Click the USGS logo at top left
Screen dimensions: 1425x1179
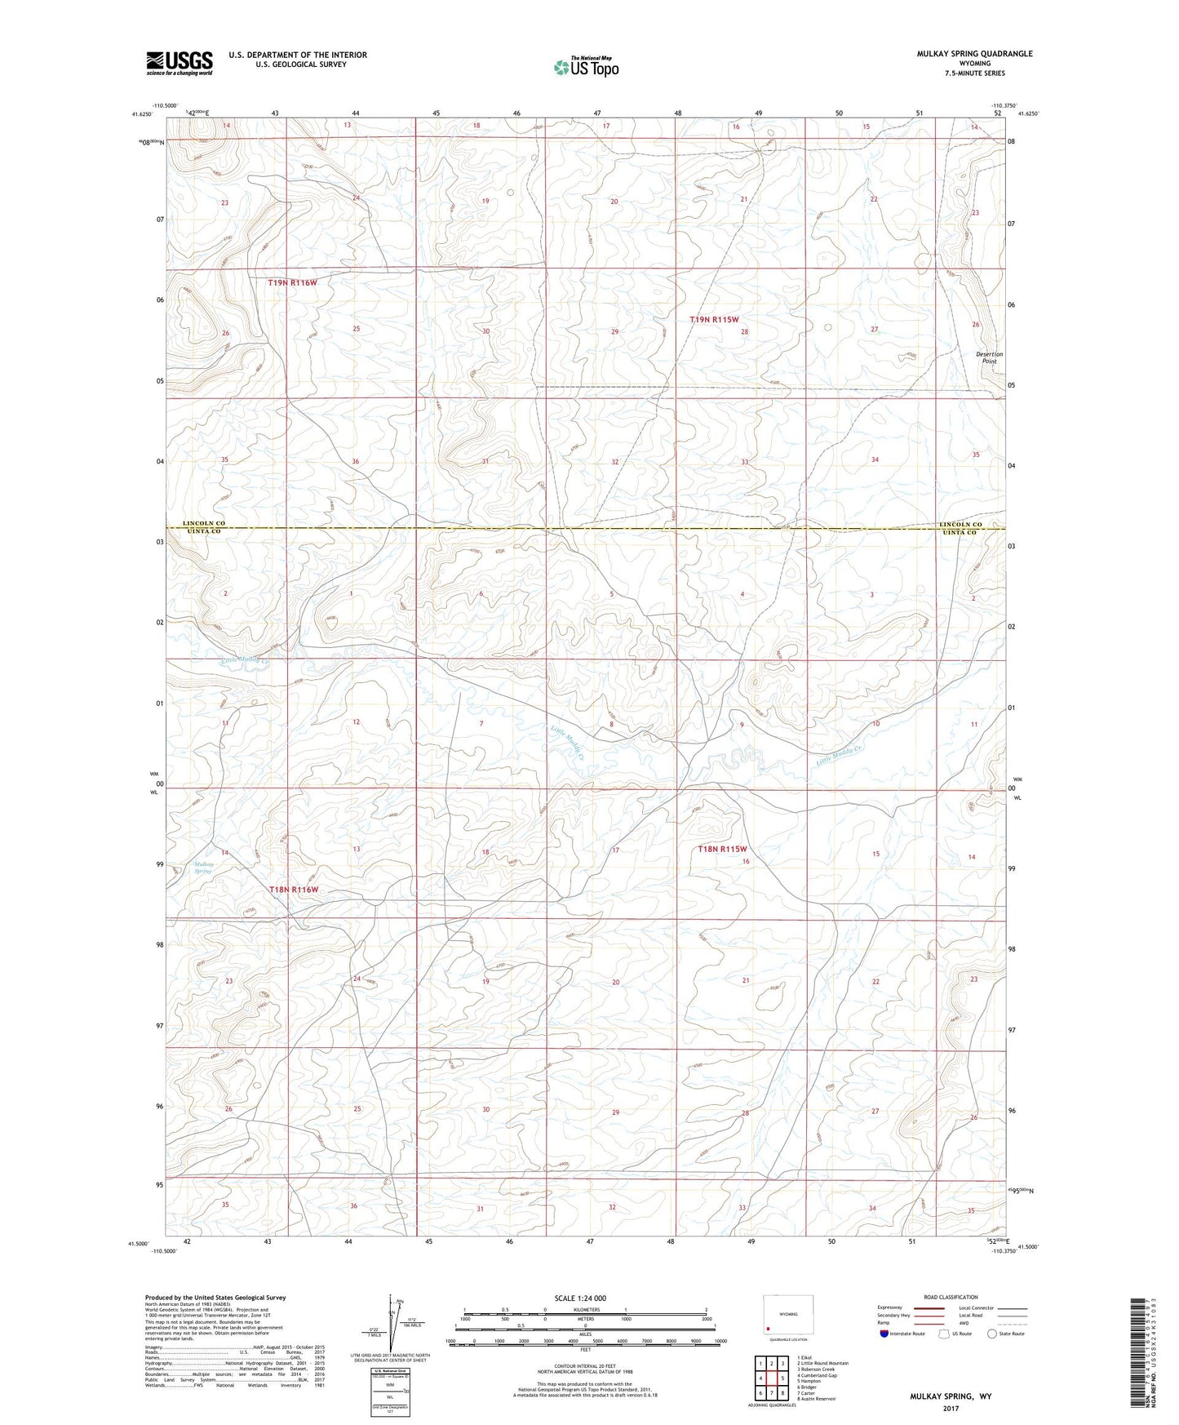[x=180, y=63]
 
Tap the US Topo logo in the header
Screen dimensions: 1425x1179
[x=585, y=67]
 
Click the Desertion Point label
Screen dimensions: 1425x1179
[x=990, y=357]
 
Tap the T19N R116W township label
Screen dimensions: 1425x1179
[x=292, y=282]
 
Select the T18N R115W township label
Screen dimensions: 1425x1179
[x=722, y=850]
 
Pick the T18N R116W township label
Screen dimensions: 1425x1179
[x=294, y=890]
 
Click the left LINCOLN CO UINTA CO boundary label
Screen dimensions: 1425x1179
[x=203, y=527]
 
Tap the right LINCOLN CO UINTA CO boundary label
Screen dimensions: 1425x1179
[x=960, y=527]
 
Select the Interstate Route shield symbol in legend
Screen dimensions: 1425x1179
[x=884, y=1334]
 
